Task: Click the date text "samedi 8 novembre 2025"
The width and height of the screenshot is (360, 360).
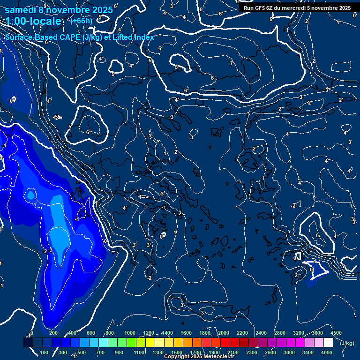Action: pos(59,10)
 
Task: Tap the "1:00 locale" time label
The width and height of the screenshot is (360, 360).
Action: pos(34,21)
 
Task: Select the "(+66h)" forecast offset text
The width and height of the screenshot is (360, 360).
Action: pos(82,21)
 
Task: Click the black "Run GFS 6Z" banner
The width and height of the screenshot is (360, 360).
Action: pos(297,8)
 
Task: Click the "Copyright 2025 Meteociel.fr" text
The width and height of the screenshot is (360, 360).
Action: pos(199,357)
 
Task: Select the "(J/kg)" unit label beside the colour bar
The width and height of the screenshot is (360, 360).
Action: pos(347,343)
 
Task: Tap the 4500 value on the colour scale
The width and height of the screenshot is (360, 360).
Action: pos(336,332)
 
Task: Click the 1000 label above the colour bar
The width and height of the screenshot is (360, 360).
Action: pos(129,332)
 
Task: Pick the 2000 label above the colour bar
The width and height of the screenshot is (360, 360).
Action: pos(224,332)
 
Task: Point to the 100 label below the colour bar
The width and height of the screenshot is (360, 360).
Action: pos(45,352)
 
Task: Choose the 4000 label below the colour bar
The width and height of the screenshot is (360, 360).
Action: pos(327,352)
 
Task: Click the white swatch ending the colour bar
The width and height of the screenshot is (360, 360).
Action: pos(328,343)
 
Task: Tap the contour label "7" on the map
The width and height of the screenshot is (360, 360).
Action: pos(231,63)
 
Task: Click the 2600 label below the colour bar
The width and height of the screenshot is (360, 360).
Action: pos(270,352)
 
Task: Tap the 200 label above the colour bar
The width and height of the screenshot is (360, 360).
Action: pos(54,332)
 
